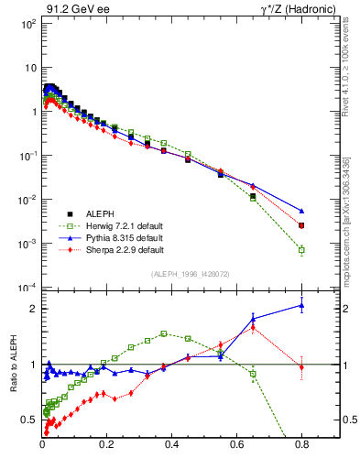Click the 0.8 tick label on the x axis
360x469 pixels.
301,451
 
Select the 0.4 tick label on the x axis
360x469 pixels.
171,451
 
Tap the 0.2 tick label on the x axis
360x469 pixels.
107,451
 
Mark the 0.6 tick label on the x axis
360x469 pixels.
236,451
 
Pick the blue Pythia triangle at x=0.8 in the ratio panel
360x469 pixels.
301,306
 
